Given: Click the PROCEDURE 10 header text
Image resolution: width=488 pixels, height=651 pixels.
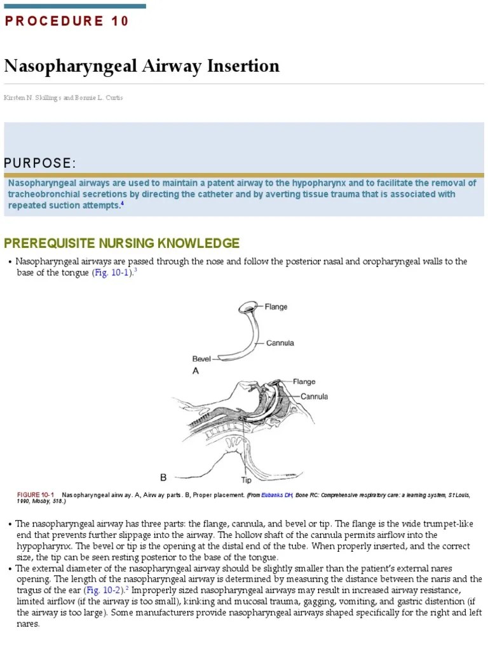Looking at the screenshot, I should coord(67,21).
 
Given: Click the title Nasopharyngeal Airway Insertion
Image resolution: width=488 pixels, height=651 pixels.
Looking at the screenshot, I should coord(142,66).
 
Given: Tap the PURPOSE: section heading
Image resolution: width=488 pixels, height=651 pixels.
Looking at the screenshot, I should coord(39,163).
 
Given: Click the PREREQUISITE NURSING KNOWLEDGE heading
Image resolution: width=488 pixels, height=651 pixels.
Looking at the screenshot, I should coord(122,243).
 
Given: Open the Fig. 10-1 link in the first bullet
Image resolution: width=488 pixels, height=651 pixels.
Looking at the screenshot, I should coord(112,272).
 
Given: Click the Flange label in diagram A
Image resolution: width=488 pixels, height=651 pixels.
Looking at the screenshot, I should coord(276,306).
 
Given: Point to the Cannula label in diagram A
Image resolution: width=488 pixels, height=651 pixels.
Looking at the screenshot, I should coord(280,343).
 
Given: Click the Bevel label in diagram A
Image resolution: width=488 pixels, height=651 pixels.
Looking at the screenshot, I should coord(201,359).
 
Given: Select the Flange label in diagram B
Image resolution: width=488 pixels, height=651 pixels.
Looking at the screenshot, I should coord(304,382).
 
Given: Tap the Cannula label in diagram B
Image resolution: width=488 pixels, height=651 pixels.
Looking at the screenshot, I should coord(314,397).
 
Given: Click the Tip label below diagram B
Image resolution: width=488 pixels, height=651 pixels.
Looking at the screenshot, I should coord(247,480).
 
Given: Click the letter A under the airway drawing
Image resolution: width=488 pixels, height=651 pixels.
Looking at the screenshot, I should coord(196,372).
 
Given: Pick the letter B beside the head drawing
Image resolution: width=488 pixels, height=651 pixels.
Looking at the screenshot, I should coord(163,477).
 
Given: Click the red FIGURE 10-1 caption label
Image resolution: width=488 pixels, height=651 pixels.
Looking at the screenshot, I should coord(36,495).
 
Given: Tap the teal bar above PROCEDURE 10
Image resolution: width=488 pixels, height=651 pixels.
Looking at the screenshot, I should coord(75,6).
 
